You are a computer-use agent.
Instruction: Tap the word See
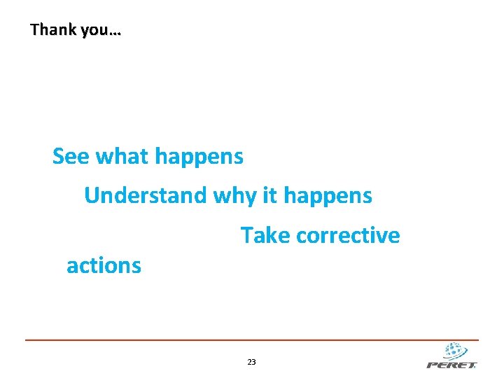(x=71, y=157)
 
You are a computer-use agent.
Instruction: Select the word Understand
(x=146, y=195)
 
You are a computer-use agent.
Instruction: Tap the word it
(x=269, y=195)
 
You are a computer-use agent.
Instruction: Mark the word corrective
(x=348, y=236)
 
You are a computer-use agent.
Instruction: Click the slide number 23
(x=252, y=362)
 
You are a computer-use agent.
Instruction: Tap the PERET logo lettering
(x=451, y=364)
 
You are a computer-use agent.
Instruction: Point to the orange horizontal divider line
(x=252, y=340)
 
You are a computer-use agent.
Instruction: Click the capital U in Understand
(x=92, y=195)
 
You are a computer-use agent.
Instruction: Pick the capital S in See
(x=59, y=157)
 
